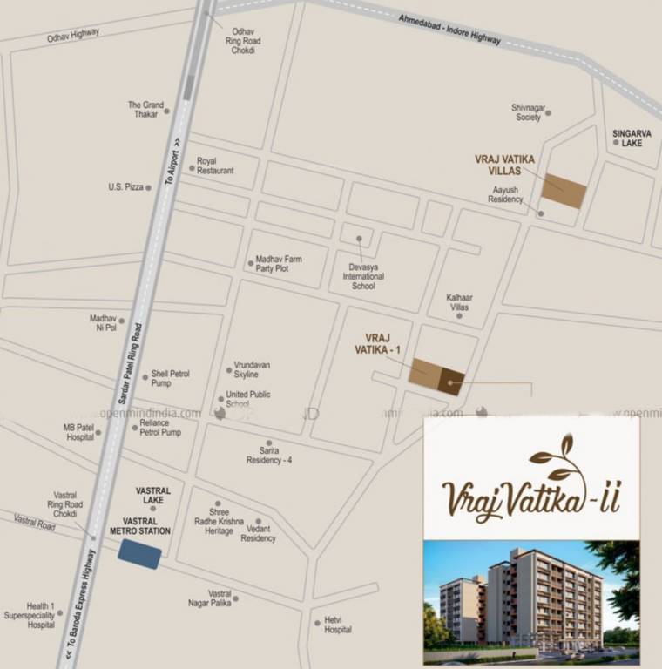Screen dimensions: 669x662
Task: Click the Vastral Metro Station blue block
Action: tap(139, 554)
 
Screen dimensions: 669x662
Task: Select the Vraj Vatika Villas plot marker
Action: tap(564, 191)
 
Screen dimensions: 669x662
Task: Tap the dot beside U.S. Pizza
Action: tap(148, 187)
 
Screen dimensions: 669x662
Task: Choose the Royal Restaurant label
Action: tap(214, 166)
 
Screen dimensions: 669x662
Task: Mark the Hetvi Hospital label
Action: tap(338, 625)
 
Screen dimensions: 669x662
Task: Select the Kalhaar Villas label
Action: tap(458, 302)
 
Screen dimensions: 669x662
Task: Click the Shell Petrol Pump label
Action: tap(170, 378)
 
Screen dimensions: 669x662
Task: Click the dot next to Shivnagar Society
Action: tap(548, 112)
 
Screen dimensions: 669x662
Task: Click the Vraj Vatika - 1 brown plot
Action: tap(436, 376)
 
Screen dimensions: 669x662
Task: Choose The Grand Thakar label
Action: tap(145, 109)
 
